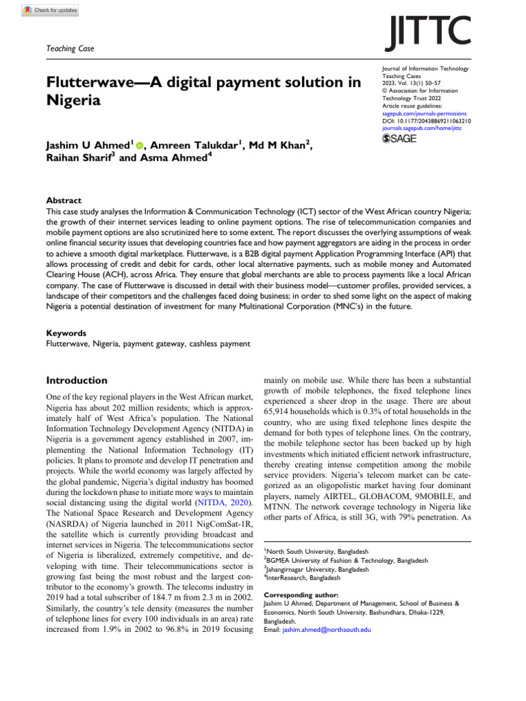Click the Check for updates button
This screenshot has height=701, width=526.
51,10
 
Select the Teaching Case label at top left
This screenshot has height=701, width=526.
70,49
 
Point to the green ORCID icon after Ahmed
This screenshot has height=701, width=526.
140,145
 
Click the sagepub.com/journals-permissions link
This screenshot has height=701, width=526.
424,114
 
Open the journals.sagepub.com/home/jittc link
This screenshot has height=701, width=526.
422,127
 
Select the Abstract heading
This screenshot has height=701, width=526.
64,201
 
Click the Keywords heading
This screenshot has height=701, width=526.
66,333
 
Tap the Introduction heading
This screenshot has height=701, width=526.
76,380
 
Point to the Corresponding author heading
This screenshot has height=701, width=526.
300,596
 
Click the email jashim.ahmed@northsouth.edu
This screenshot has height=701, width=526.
326,629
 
